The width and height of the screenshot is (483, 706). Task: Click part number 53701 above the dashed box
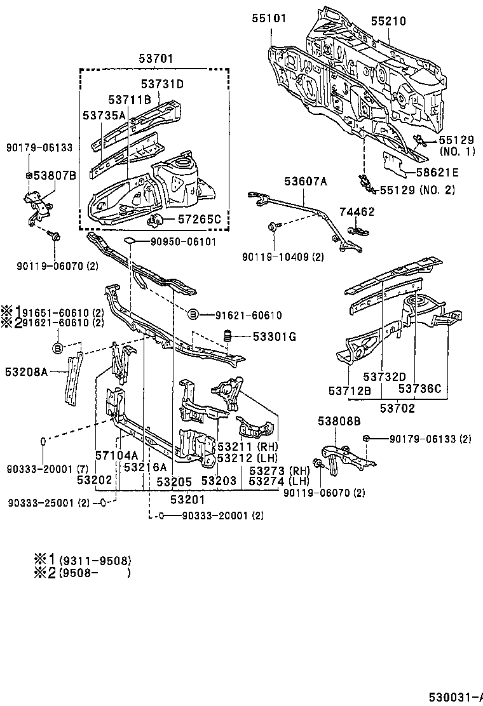pos(156,59)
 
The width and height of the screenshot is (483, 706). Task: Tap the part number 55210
pos(388,21)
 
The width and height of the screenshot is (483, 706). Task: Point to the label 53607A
pos(306,182)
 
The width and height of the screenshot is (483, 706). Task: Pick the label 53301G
pos(275,336)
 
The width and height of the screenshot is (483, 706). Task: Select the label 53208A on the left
pos(27,372)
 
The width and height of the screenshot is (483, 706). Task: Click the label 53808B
pos(339,420)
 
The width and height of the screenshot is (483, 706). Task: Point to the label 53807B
pos(55,175)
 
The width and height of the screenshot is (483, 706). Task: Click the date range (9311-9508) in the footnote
pos(95,560)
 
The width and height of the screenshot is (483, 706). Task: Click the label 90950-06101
pos(184,241)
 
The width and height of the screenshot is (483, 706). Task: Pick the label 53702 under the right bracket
pos(397,408)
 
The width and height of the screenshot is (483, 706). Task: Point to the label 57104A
pos(116,455)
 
